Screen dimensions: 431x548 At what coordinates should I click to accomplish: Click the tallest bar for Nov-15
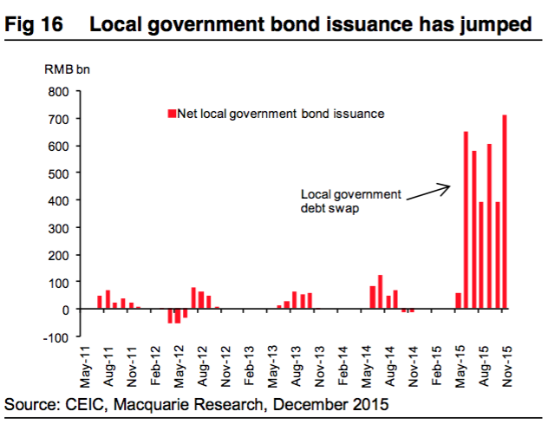[505, 212]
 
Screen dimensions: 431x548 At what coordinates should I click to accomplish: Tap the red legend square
[172, 113]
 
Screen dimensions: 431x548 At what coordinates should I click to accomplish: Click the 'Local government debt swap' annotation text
[350, 201]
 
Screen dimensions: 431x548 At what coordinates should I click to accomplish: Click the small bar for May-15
[458, 301]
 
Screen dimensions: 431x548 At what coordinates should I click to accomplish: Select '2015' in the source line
[369, 404]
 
